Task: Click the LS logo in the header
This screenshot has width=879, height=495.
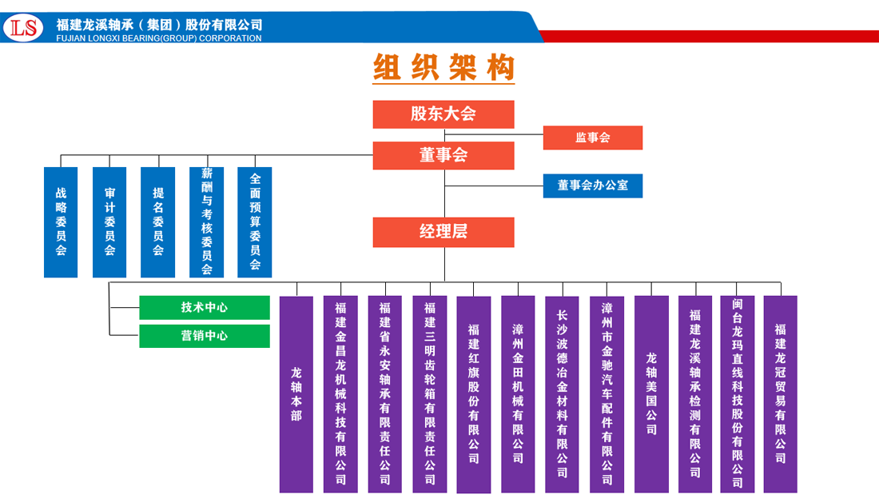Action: [23, 28]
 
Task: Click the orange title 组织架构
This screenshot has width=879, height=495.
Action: [443, 68]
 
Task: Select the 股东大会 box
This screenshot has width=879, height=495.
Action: [443, 114]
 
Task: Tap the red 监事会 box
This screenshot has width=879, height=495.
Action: [592, 138]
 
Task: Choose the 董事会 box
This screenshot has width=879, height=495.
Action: [443, 155]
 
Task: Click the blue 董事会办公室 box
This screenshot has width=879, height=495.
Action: [592, 186]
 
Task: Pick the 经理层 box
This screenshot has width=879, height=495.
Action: [443, 232]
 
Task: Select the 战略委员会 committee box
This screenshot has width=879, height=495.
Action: [61, 222]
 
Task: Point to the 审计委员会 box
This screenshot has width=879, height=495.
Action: [109, 222]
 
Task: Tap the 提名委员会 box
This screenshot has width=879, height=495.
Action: [157, 222]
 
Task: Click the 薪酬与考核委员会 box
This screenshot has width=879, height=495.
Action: [206, 222]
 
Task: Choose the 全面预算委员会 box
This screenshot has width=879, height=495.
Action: [255, 222]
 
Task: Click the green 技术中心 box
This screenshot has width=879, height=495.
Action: [205, 307]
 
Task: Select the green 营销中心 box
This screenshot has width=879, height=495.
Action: [205, 336]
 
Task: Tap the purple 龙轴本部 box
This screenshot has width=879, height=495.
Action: [296, 394]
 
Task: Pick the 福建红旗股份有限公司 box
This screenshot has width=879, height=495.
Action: [474, 394]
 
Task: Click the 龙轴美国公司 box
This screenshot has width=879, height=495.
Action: [651, 394]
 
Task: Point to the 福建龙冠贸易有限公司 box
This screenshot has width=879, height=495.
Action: [780, 393]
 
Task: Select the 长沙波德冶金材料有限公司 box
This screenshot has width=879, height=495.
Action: [563, 394]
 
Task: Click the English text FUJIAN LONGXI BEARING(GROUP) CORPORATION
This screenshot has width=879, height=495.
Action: [159, 38]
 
